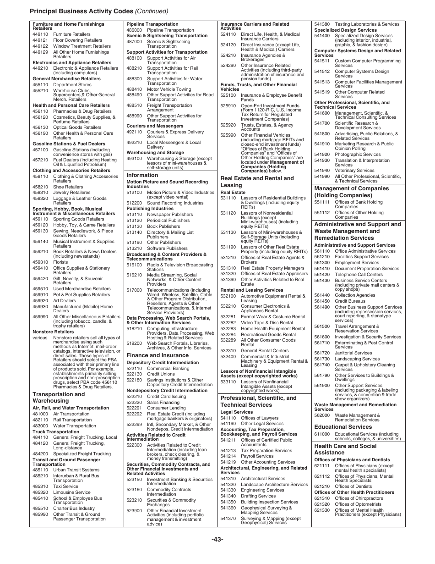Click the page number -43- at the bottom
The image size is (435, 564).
click(217, 539)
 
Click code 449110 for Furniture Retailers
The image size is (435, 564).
click(40, 34)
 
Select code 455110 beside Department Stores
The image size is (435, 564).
click(40, 85)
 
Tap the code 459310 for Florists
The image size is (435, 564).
click(40, 262)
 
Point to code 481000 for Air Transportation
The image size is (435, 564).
click(40, 414)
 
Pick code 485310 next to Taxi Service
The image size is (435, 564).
click(40, 487)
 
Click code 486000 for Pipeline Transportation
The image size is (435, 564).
click(134, 30)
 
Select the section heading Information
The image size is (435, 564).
click(142, 175)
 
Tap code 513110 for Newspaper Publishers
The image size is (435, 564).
click(134, 215)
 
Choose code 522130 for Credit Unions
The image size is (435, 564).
click(134, 374)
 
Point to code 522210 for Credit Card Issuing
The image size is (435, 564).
click(134, 397)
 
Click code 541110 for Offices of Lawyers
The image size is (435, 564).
click(228, 418)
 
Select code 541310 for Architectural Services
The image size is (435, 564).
click(228, 479)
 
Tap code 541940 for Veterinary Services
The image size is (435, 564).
click(322, 171)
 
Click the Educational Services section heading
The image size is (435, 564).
click(343, 427)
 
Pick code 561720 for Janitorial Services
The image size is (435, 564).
click(322, 353)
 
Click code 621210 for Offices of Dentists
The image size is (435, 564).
click(322, 487)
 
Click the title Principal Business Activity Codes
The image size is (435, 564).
click(82, 11)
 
